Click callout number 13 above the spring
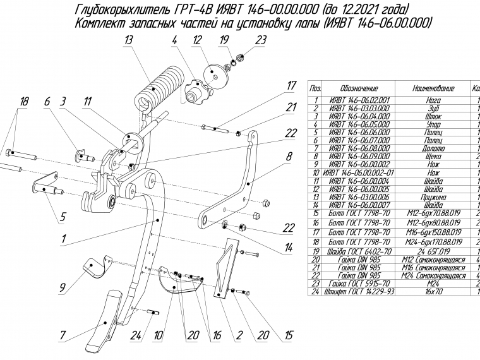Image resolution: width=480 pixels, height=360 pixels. pos(128,41)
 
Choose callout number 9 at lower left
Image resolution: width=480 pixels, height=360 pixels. pos(63,289)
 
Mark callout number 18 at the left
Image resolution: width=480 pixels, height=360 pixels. pos(24,102)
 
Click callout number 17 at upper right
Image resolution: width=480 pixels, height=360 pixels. pos(291,86)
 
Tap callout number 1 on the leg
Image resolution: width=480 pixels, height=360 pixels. pos(64,239)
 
